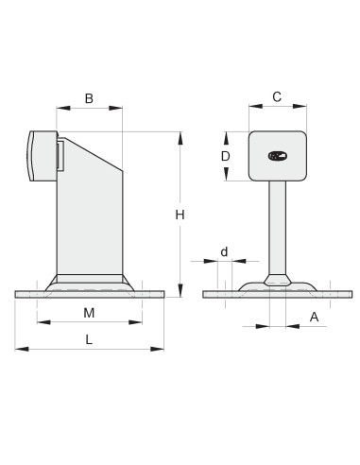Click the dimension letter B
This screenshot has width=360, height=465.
pos(89,98)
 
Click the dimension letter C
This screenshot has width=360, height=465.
pos(277,96)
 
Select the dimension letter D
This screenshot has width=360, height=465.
pos(226,156)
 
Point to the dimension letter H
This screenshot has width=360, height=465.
pos(180,215)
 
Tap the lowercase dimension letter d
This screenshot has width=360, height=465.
pos(224,251)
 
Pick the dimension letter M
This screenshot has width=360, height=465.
pos(89,313)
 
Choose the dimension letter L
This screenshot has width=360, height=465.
pos(89,339)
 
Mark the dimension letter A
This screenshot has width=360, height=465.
pos(314,318)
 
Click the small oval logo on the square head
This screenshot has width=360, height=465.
pos(278,156)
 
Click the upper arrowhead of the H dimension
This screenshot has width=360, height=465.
pos(180,138)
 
